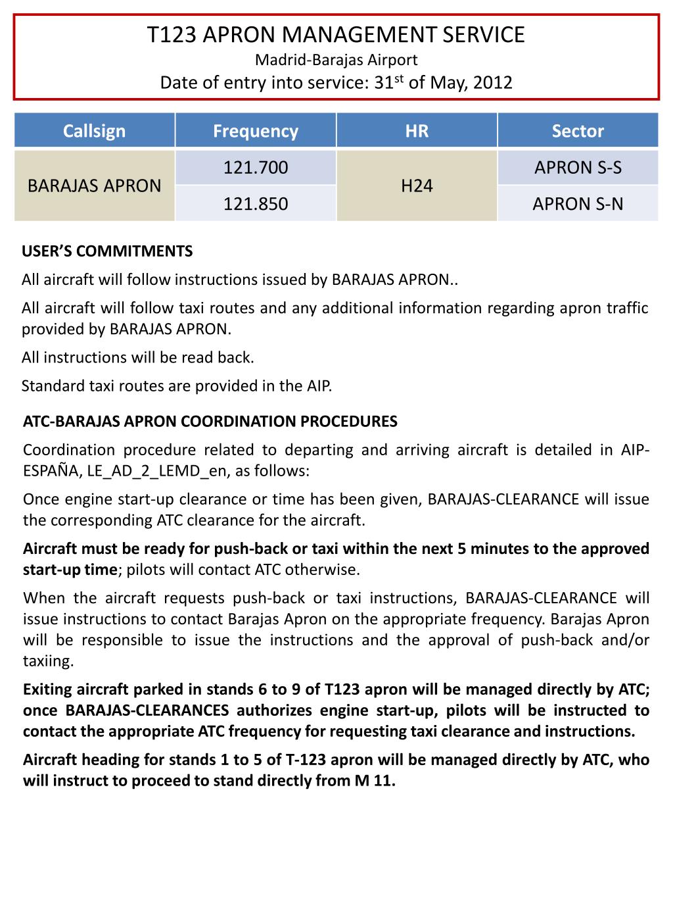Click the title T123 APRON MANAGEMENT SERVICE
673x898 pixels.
click(336, 35)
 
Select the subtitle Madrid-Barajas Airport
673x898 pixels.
click(336, 60)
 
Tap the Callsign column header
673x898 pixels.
click(94, 131)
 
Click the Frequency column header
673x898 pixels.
click(256, 131)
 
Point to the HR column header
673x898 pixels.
click(417, 131)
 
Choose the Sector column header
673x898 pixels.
click(578, 131)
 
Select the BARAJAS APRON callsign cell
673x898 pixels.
click(94, 186)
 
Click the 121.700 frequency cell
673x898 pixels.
click(256, 168)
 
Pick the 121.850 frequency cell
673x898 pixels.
click(256, 204)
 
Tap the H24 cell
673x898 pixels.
click(417, 186)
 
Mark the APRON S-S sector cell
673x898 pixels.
click(578, 168)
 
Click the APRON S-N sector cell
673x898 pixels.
click(578, 204)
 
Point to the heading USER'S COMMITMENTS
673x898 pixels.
click(107, 251)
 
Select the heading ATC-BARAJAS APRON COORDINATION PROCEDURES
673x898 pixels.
click(210, 422)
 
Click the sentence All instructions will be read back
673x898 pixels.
click(137, 358)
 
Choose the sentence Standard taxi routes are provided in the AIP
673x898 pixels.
click(177, 386)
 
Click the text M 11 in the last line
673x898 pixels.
click(376, 781)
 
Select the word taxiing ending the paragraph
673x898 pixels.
click(47, 661)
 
